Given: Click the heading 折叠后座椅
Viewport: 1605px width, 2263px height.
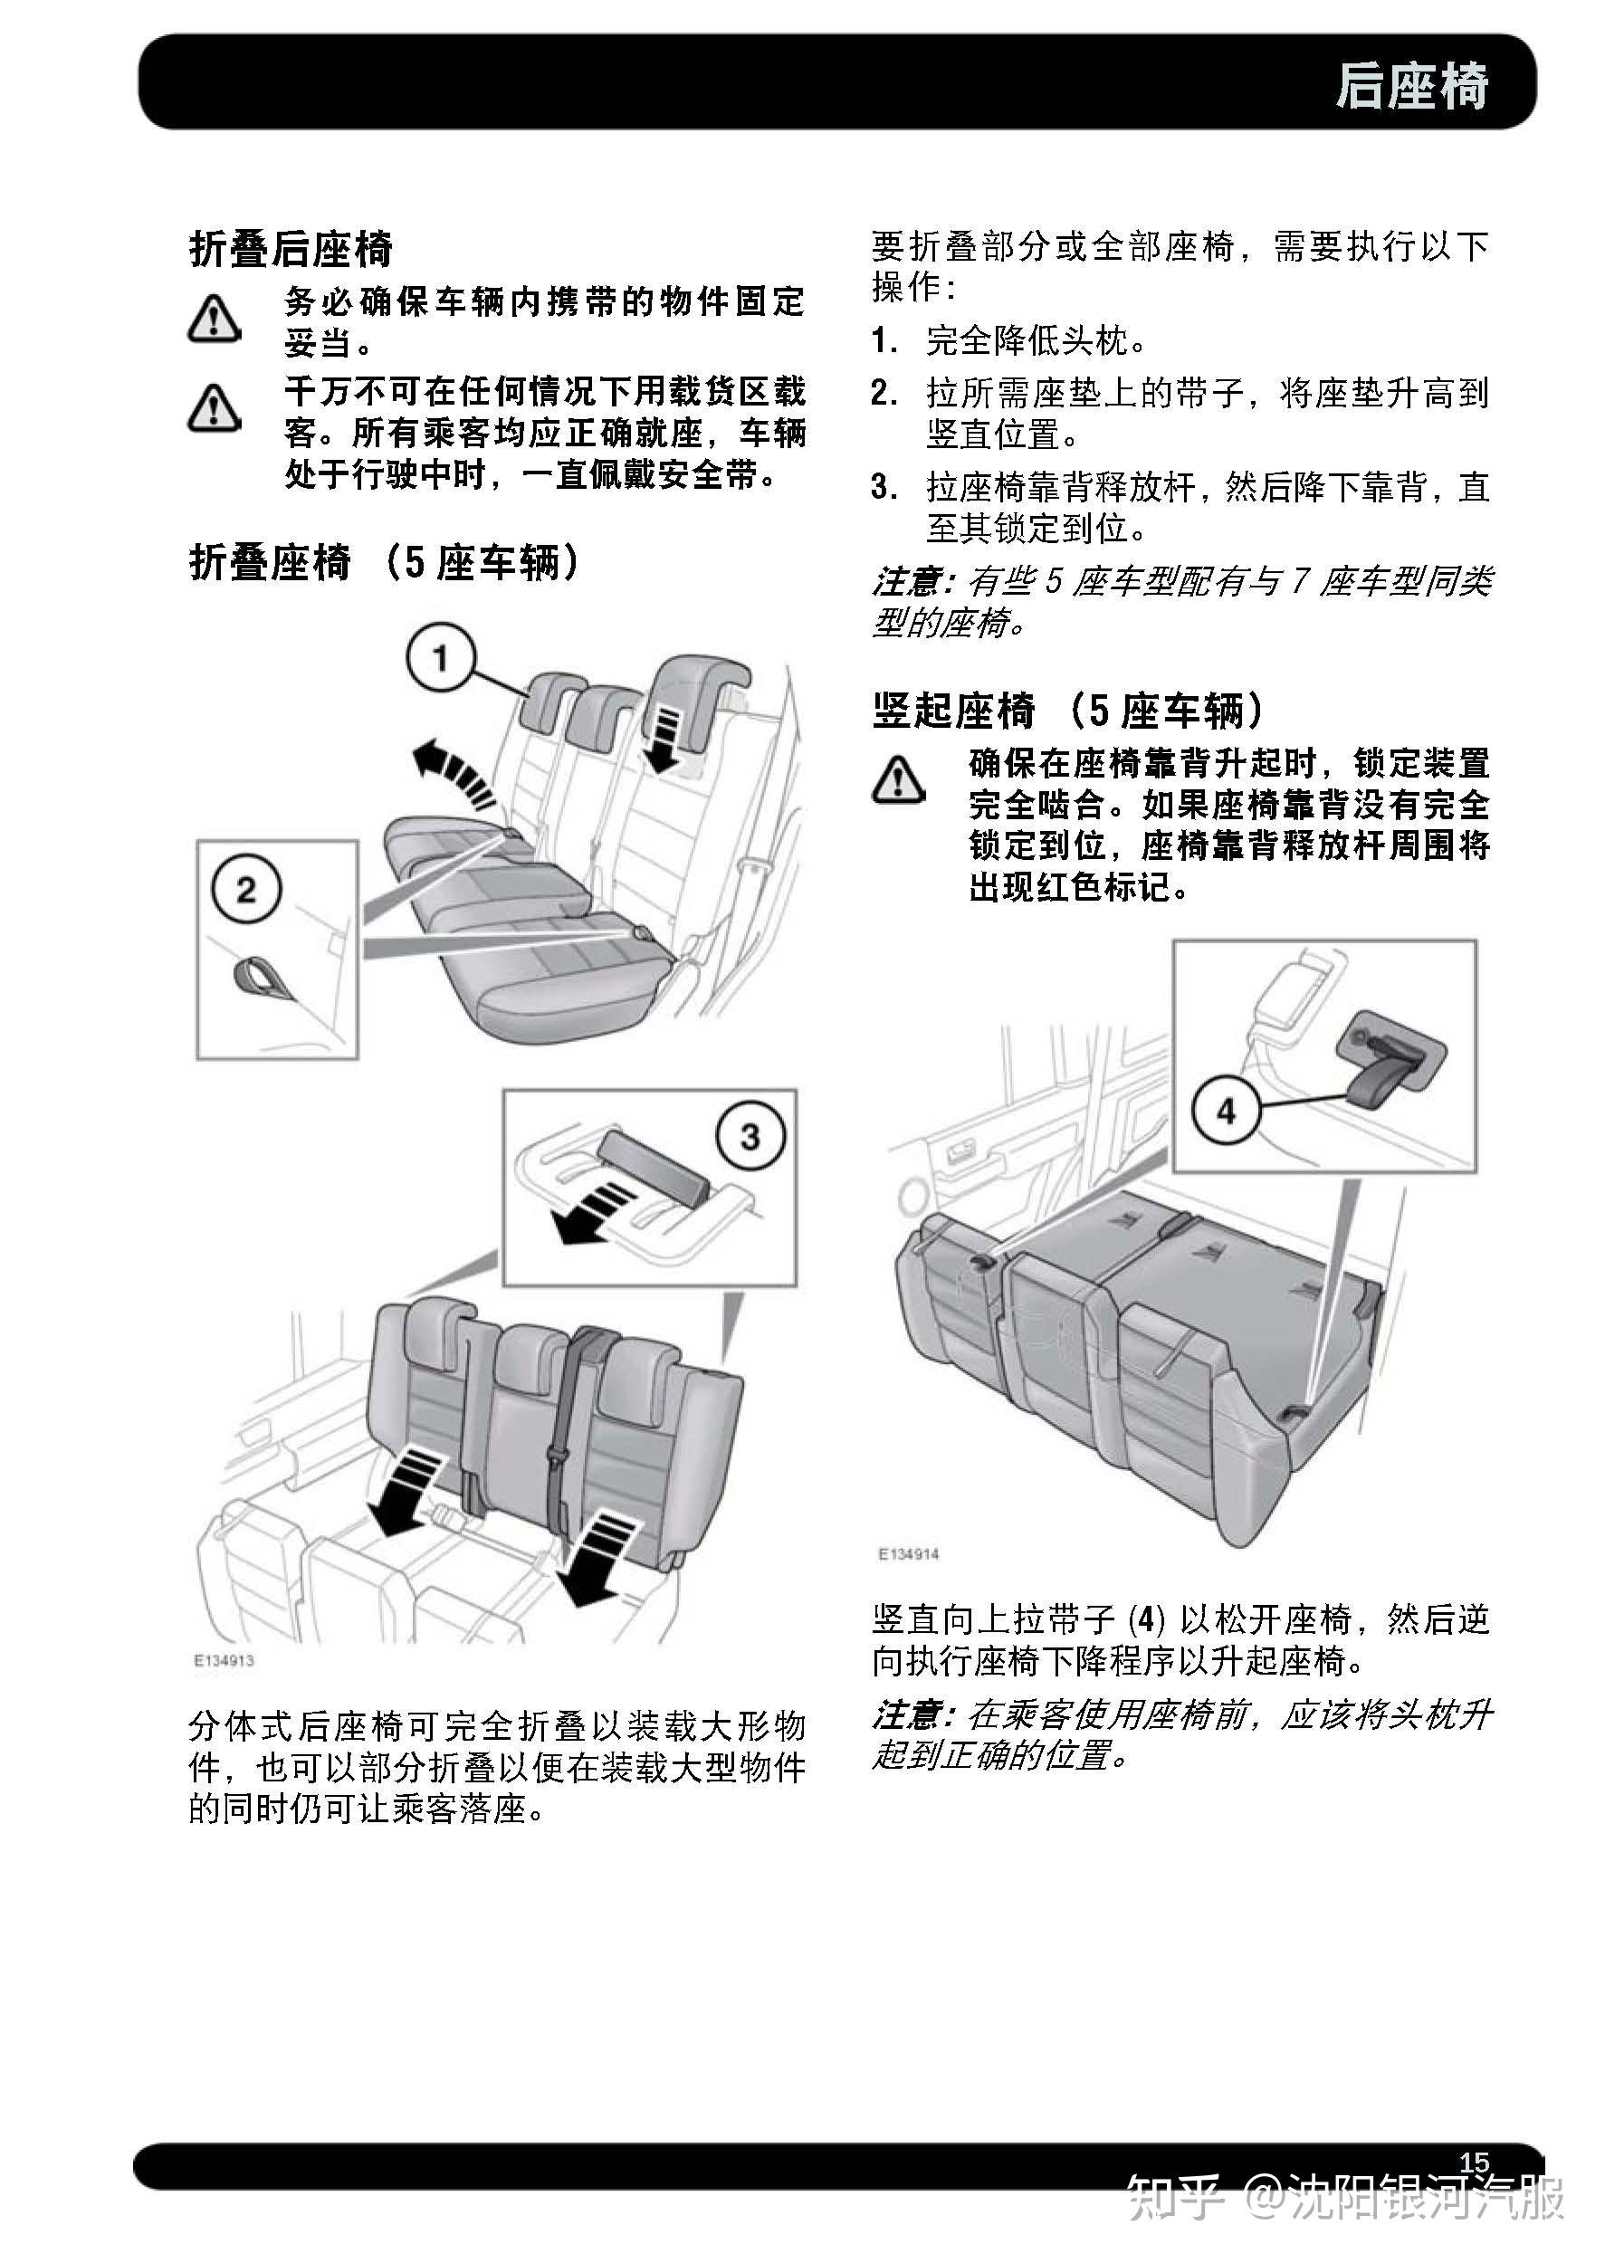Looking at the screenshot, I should click(291, 249).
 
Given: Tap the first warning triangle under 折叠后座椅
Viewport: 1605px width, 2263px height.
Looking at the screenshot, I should click(215, 320).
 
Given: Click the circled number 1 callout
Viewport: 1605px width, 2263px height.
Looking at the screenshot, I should click(441, 658).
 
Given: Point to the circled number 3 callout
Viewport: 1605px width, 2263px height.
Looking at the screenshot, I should click(750, 1136).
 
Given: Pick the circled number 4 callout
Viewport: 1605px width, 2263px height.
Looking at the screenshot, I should click(1226, 1112).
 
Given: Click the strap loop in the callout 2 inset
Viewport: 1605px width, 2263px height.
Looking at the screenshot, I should click(259, 976).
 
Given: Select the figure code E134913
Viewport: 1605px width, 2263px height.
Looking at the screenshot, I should click(224, 1661).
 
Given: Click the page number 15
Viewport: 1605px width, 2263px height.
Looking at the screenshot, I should click(1474, 2163).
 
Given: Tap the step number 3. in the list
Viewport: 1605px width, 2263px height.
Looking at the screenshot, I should click(884, 487).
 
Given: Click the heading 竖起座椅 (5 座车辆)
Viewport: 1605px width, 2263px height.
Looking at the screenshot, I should click(1067, 711).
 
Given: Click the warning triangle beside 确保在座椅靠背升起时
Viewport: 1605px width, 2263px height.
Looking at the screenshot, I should click(898, 779).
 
